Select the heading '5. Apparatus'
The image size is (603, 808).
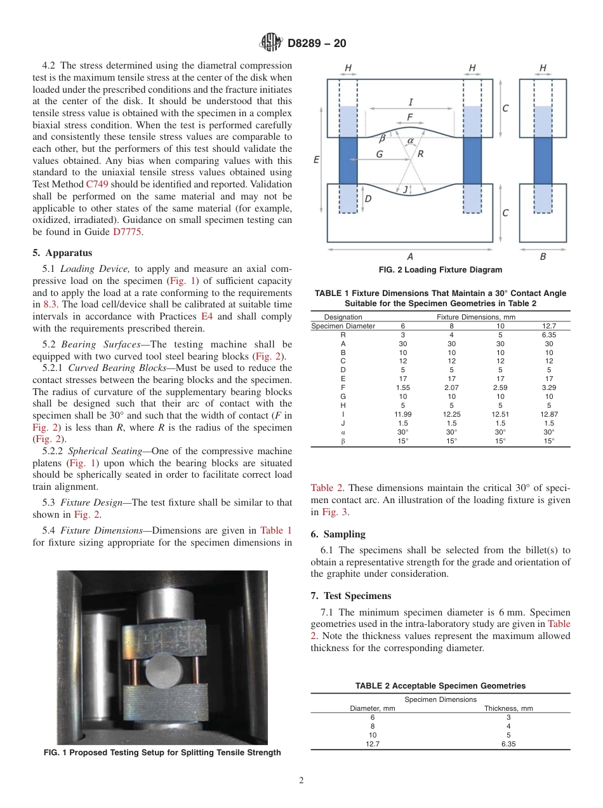(x=62, y=252)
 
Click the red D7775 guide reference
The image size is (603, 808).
(x=129, y=232)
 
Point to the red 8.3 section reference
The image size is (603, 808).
(x=50, y=304)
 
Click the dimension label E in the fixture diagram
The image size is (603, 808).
(x=316, y=160)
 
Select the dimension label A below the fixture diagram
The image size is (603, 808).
(x=409, y=257)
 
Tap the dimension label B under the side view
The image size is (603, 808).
(x=543, y=257)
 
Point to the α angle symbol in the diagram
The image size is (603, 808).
(x=410, y=140)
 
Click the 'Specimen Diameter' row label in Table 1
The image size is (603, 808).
(x=343, y=326)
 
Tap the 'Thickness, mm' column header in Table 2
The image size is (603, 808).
(x=508, y=708)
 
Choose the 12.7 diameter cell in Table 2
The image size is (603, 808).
(x=373, y=744)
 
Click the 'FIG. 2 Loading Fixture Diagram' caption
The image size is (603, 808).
(x=440, y=270)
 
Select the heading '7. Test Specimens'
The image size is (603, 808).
(x=351, y=596)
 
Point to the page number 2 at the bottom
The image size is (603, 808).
(x=301, y=781)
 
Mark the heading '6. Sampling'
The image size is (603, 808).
(x=338, y=534)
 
